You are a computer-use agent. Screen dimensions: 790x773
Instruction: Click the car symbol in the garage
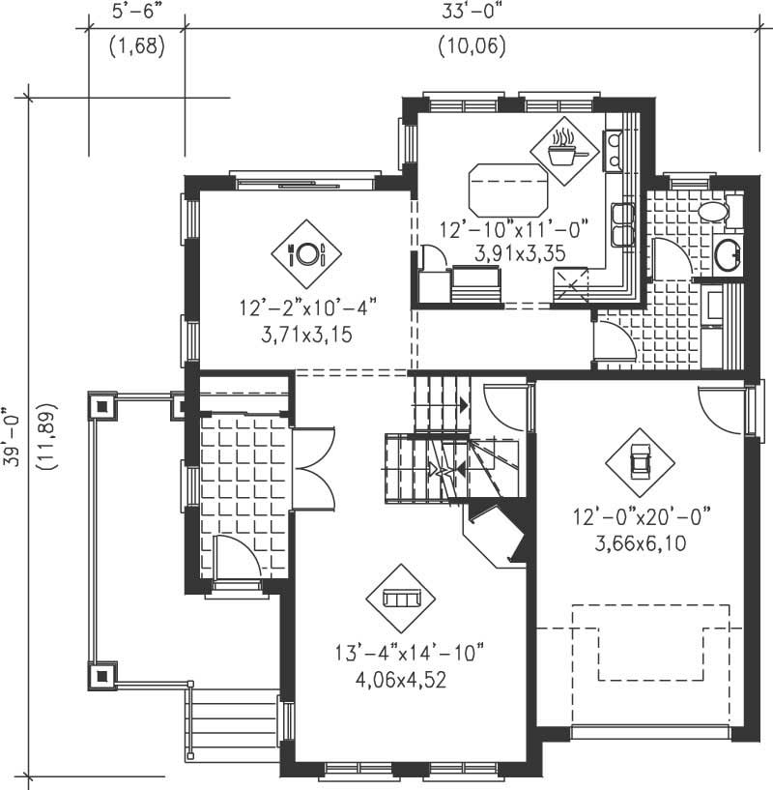[x=639, y=461]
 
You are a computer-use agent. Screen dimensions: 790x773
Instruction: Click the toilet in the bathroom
[x=717, y=212]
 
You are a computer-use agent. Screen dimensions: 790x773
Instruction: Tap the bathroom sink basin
[x=728, y=255]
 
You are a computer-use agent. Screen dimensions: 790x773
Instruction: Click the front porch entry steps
[x=232, y=720]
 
